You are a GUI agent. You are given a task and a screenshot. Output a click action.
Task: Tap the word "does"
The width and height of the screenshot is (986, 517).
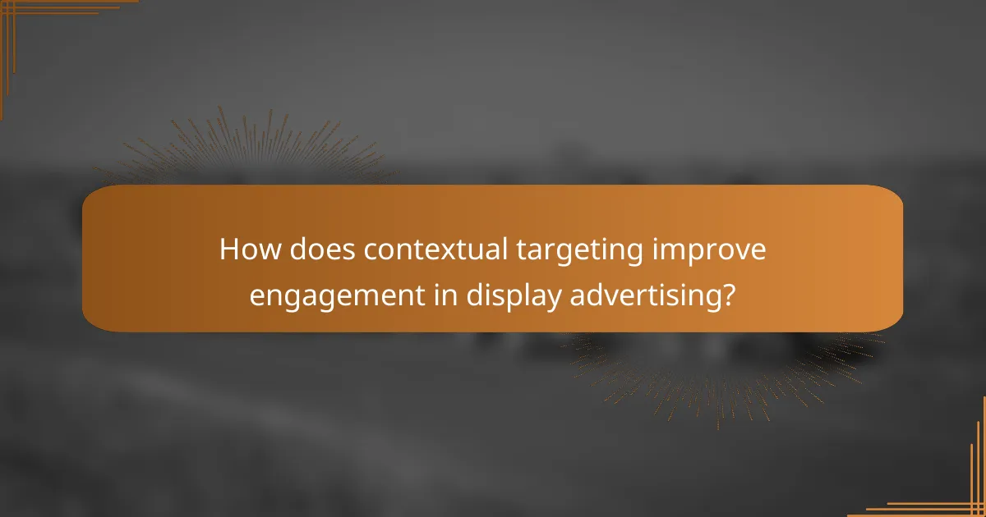[x=312, y=250]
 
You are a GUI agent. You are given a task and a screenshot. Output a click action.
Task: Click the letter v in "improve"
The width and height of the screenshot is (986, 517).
[x=737, y=252]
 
